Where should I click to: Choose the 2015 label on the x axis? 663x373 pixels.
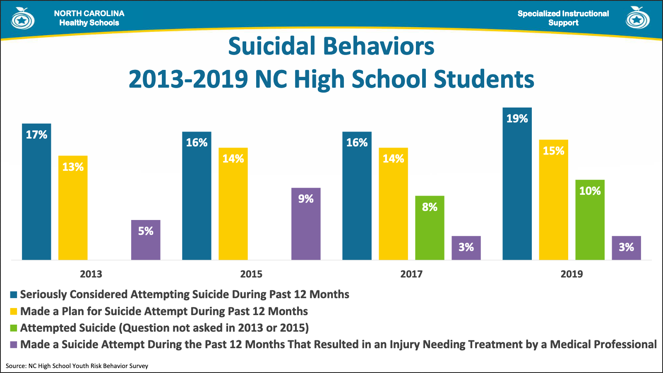coord(251,274)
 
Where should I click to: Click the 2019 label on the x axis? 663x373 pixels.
coord(572,274)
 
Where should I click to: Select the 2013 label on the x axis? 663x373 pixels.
coord(91,274)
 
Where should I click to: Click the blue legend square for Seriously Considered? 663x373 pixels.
coord(14,295)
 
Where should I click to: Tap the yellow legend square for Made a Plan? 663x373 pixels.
coord(14,311)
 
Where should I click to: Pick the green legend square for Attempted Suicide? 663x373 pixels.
coord(14,328)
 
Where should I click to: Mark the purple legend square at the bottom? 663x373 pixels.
coord(14,344)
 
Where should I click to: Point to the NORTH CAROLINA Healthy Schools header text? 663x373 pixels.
coord(89,18)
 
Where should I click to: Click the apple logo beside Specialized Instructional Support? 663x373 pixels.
coord(637,18)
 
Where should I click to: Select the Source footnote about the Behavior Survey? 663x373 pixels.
coord(77,366)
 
